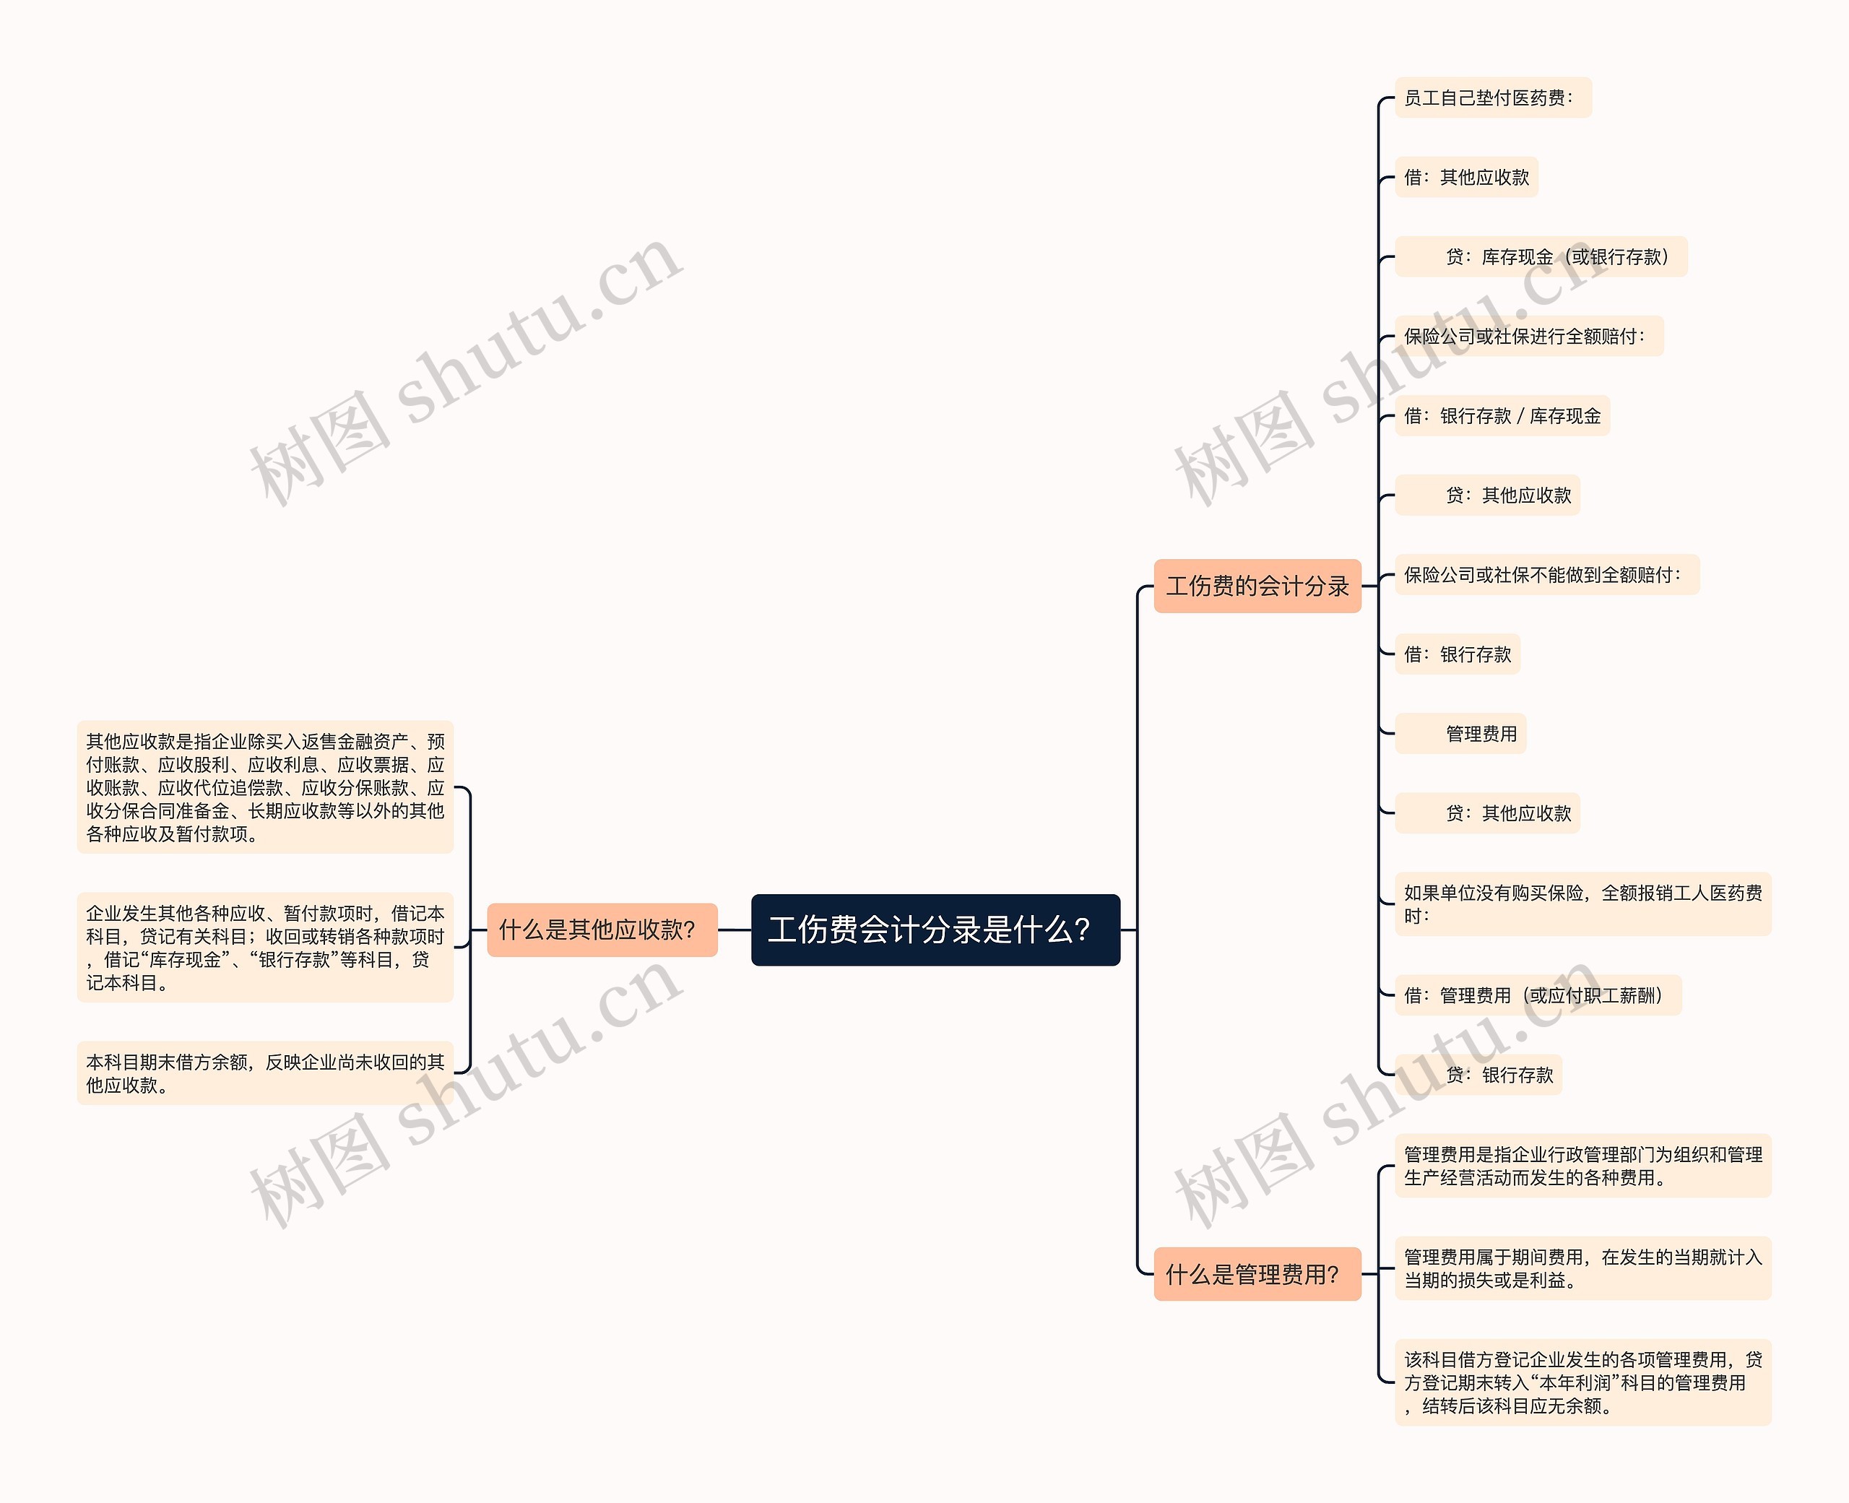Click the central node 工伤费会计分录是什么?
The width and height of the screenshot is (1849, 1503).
pyautogui.click(x=935, y=930)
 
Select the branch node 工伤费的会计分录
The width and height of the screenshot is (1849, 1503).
pyautogui.click(x=1257, y=586)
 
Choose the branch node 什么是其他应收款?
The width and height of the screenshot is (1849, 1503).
pyautogui.click(x=602, y=930)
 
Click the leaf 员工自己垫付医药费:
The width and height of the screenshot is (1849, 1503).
pyautogui.click(x=1492, y=98)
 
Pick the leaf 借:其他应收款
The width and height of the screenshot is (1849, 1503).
pyautogui.click(x=1465, y=178)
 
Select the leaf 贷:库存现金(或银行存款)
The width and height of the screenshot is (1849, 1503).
pyautogui.click(x=1541, y=257)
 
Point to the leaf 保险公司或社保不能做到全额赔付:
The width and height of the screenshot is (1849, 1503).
pyautogui.click(x=1547, y=575)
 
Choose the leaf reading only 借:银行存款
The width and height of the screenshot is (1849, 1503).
pyautogui.click(x=1457, y=654)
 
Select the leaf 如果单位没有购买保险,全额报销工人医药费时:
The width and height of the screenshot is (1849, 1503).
pyautogui.click(x=1582, y=904)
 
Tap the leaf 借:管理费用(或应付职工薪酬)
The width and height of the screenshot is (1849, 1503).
pyautogui.click(x=1538, y=996)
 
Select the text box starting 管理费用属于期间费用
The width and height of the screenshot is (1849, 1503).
pyautogui.click(x=1582, y=1268)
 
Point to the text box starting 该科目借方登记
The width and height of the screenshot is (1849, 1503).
pyautogui.click(x=1582, y=1382)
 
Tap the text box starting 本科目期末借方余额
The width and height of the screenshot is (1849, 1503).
pyautogui.click(x=265, y=1073)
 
